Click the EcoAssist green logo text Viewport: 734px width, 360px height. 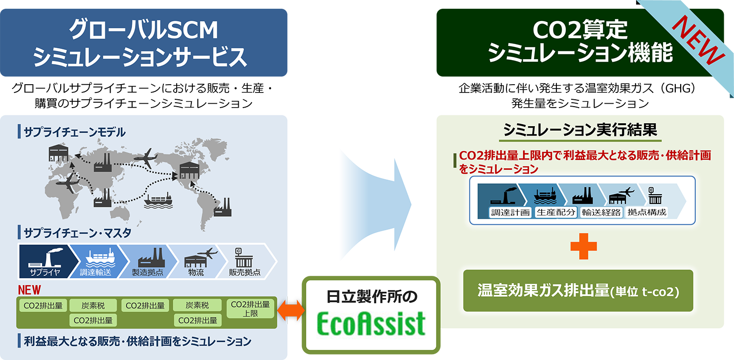pyautogui.click(x=370, y=323)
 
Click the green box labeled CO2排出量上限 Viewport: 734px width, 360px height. pyautogui.click(x=250, y=309)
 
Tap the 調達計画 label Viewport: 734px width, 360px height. pyautogui.click(x=510, y=212)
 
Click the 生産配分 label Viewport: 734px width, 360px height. pyautogui.click(x=556, y=212)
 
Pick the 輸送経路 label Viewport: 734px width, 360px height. pyautogui.click(x=601, y=212)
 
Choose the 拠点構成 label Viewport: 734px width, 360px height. pyautogui.click(x=646, y=212)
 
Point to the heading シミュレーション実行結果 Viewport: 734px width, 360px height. pyautogui.click(x=580, y=131)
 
